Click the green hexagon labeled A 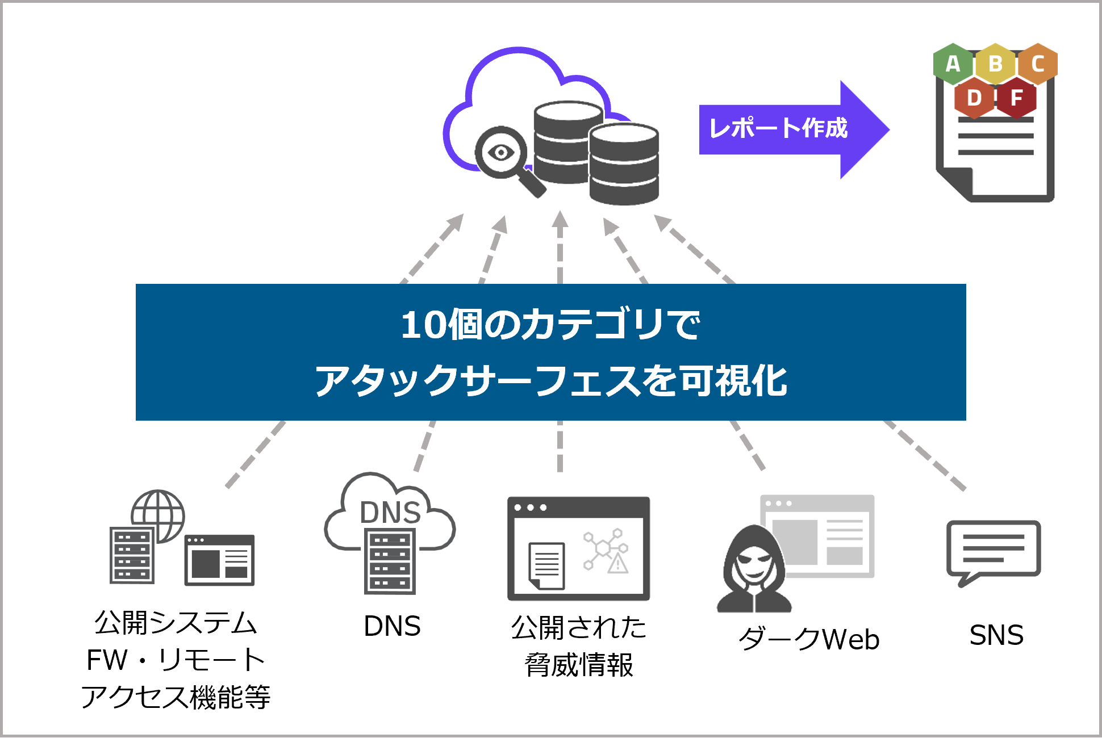click(953, 64)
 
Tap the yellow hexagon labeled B click(995, 64)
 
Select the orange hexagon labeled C click(1037, 64)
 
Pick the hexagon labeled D click(974, 98)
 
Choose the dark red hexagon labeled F click(1016, 98)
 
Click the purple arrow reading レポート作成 click(794, 129)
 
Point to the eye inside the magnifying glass click(501, 152)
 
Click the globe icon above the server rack click(158, 515)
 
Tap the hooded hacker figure click(754, 569)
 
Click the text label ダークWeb click(809, 639)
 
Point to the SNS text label click(996, 635)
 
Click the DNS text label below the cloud click(392, 626)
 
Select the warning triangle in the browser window click(617, 564)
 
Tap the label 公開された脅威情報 click(579, 646)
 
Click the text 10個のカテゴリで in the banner click(550, 325)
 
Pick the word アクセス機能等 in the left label click(176, 697)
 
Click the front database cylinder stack click(624, 163)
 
